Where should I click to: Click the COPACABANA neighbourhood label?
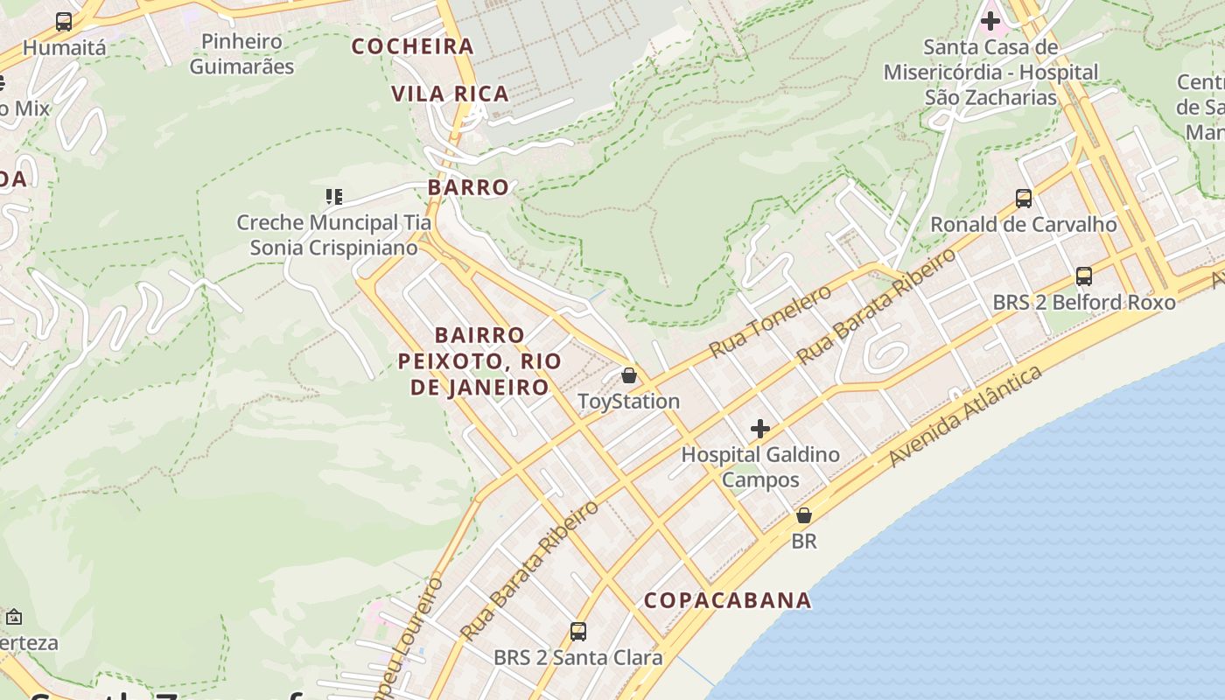[728, 600]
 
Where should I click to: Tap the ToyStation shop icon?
[628, 376]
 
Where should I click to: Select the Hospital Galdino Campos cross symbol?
[760, 429]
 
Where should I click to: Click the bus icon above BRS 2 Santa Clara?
[577, 631]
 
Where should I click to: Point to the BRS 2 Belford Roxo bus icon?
[1084, 276]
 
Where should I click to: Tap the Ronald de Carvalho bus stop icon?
[1024, 199]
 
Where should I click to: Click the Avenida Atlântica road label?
[966, 416]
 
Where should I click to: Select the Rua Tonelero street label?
[770, 321]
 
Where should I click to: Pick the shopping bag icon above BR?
[803, 515]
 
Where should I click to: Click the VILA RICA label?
[450, 94]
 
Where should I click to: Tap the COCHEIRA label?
[413, 46]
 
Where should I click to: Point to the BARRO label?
[469, 187]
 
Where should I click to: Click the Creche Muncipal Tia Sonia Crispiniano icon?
[333, 196]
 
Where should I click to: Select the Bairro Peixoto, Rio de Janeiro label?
[479, 360]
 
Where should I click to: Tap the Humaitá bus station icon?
[63, 22]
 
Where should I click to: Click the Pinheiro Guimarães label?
[241, 53]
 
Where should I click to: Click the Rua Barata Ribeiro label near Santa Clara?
[529, 570]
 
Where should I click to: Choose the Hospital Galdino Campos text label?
[760, 467]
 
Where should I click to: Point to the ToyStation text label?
[628, 402]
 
